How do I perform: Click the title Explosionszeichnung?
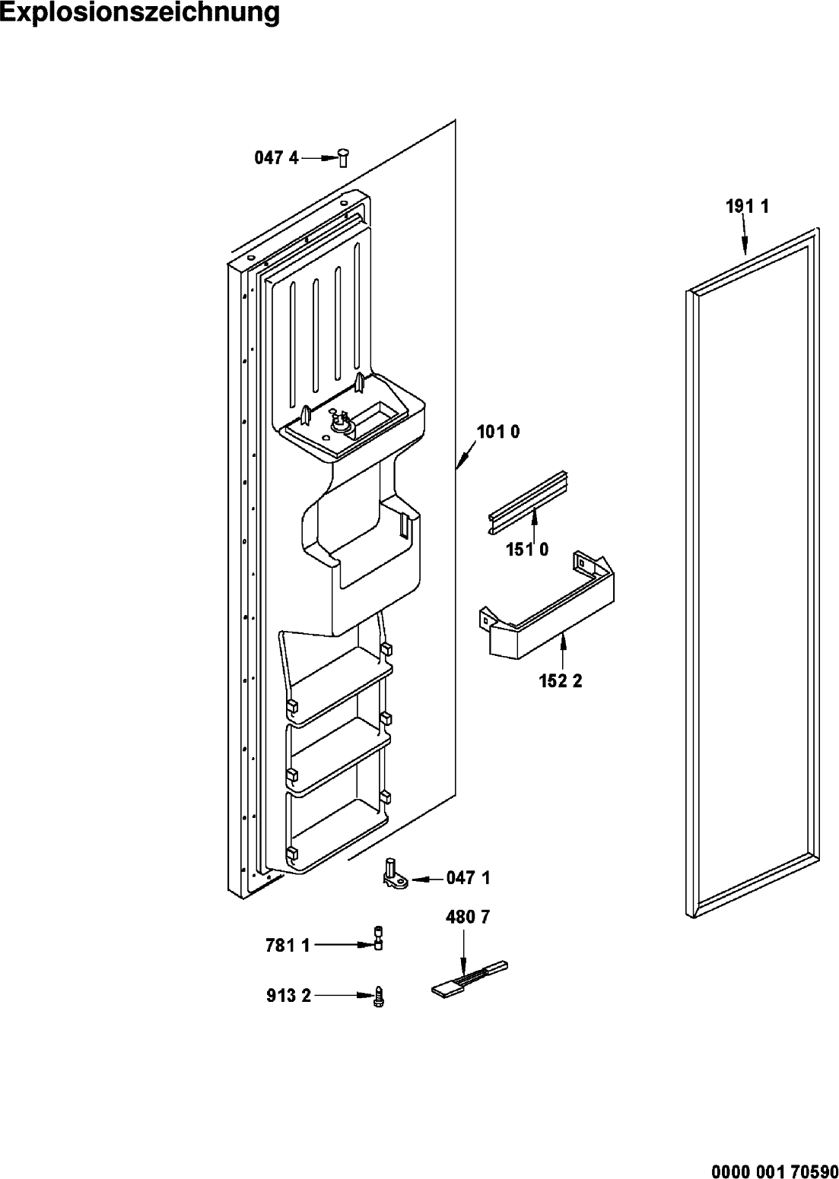[139, 14]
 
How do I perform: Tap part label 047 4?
[277, 157]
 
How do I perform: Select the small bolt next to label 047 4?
[343, 157]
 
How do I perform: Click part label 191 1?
[748, 207]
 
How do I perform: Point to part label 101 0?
[498, 432]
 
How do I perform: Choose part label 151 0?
[528, 550]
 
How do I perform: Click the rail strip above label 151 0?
[530, 502]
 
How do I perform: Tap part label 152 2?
[561, 681]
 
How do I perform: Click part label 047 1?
[469, 878]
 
